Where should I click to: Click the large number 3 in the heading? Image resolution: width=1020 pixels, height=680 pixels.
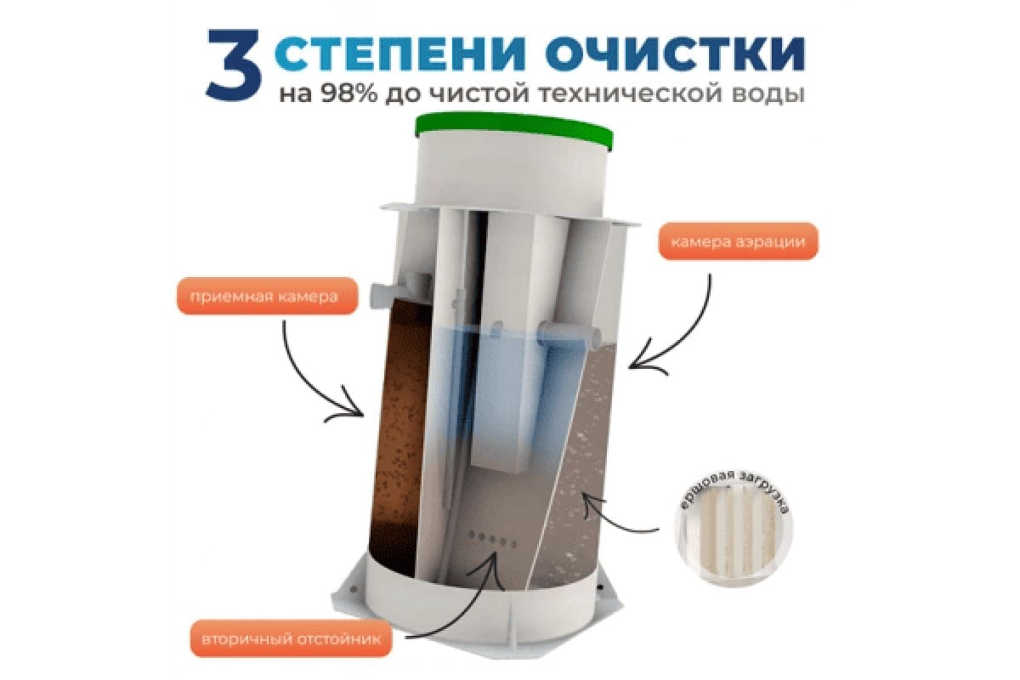233,65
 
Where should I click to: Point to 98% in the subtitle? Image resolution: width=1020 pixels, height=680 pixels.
349,93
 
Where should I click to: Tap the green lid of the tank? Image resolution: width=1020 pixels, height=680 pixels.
513,131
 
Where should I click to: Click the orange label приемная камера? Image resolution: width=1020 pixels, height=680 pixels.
267,296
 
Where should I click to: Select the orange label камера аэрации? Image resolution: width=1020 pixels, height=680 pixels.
738,241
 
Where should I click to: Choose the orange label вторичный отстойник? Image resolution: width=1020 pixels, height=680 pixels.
291,639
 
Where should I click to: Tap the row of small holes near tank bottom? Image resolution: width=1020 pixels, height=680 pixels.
493,539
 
